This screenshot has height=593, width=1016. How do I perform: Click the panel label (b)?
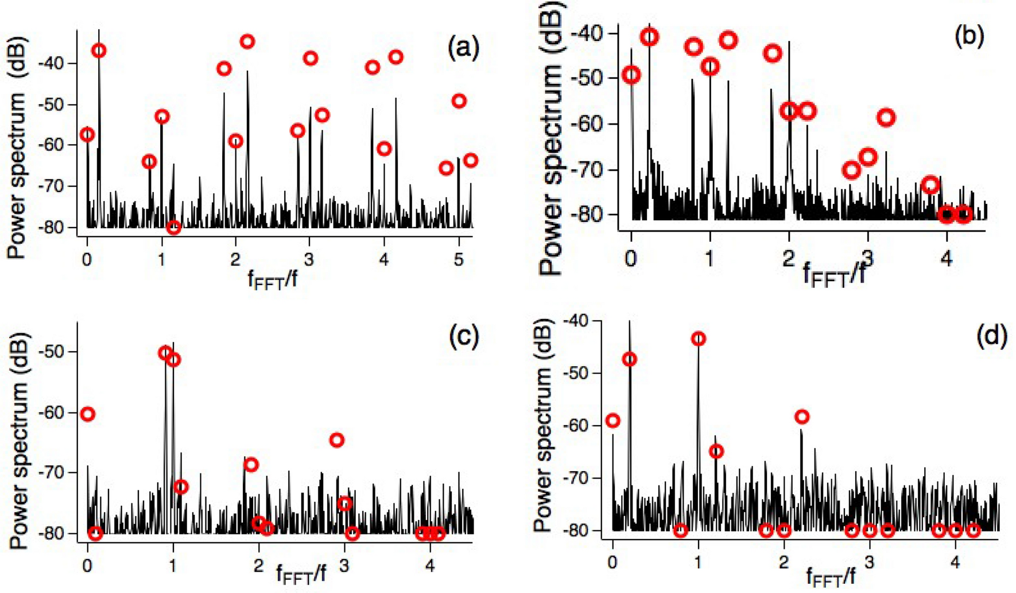pyautogui.click(x=969, y=36)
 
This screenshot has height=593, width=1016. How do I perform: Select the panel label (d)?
pyautogui.click(x=991, y=336)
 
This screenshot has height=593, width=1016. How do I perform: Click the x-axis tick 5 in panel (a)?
pyautogui.click(x=459, y=260)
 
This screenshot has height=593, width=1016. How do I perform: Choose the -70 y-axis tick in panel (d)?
pyautogui.click(x=577, y=478)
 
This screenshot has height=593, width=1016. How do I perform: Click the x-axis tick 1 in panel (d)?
pyautogui.click(x=698, y=563)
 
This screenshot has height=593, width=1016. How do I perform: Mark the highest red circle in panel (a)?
pyautogui.click(x=247, y=41)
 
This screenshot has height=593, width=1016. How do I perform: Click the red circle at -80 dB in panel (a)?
pyautogui.click(x=173, y=227)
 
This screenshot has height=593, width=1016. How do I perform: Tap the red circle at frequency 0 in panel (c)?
pyautogui.click(x=87, y=414)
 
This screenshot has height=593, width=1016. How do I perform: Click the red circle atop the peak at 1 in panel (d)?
pyautogui.click(x=698, y=339)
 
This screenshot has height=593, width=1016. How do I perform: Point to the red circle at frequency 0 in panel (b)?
pyautogui.click(x=631, y=75)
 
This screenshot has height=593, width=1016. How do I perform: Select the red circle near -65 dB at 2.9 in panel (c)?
pyautogui.click(x=336, y=440)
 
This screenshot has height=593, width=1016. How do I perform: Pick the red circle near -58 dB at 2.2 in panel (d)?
pyautogui.click(x=802, y=417)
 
